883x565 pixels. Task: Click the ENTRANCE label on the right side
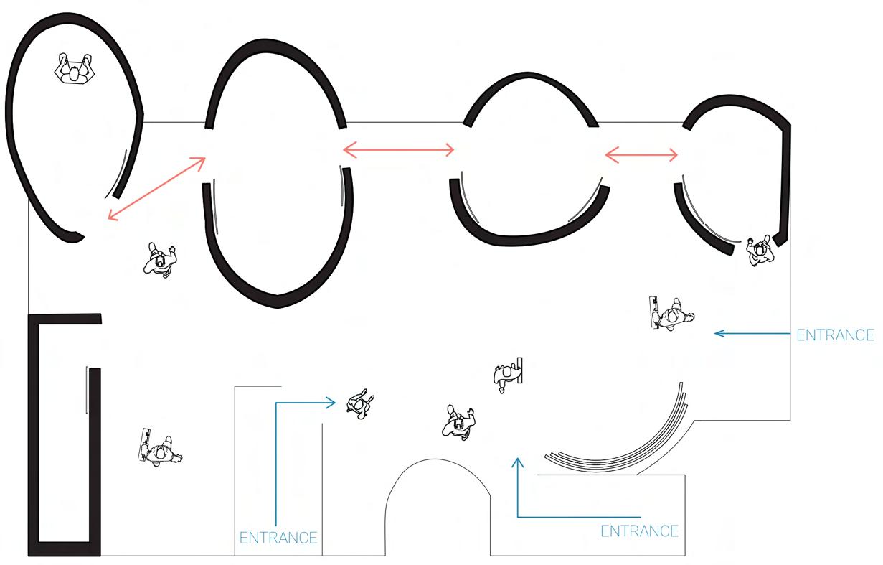point(835,335)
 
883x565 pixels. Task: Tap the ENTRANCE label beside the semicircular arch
point(638,531)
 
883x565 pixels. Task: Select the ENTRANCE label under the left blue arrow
point(278,538)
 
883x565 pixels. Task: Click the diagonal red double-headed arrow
point(156,188)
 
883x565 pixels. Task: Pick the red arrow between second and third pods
point(399,149)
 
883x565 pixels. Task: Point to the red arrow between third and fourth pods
point(642,154)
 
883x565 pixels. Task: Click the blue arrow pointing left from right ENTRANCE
point(753,333)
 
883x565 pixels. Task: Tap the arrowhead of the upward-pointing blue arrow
point(516,461)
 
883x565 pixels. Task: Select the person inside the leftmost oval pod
point(74,70)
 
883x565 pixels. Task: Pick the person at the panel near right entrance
point(673,314)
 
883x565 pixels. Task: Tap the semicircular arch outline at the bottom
point(438,462)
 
